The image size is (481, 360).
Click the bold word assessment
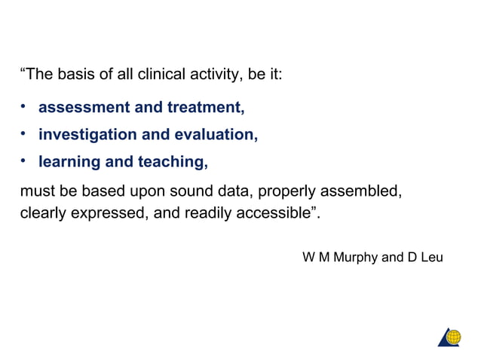click(x=82, y=108)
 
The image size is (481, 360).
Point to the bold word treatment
click(x=206, y=108)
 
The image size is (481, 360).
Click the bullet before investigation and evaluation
click(x=24, y=135)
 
